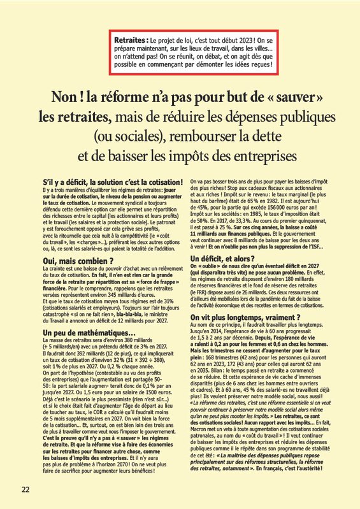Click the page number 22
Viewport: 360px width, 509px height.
25,489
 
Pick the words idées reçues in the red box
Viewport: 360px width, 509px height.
254,66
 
